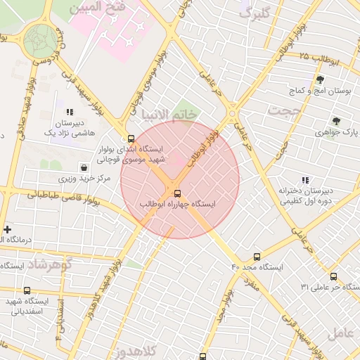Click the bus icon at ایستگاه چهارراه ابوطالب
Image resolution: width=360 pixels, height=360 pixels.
pyautogui.click(x=176, y=193)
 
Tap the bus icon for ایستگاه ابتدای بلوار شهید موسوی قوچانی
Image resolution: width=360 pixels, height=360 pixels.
pyautogui.click(x=131, y=139)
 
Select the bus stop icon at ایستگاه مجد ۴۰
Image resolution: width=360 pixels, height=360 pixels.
pyautogui.click(x=257, y=257)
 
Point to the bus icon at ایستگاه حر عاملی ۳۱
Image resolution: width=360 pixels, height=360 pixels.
pyautogui.click(x=333, y=276)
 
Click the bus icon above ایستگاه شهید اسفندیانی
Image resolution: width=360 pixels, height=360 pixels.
pyautogui.click(x=27, y=290)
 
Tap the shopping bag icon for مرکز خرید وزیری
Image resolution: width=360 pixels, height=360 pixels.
pyautogui.click(x=85, y=167)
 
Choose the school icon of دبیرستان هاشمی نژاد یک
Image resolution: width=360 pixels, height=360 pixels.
pyautogui.click(x=69, y=112)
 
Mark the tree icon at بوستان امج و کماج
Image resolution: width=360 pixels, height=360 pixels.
pyautogui.click(x=321, y=80)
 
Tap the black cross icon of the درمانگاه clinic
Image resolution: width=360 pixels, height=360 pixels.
pyautogui.click(x=8, y=229)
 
